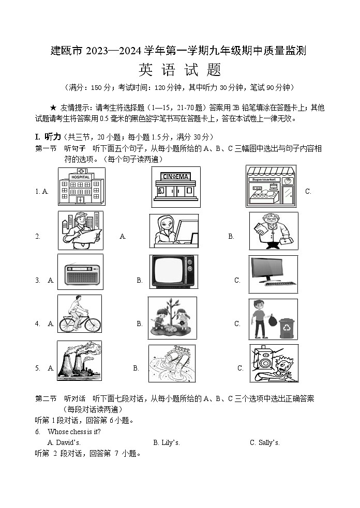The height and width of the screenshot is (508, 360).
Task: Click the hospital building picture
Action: tap(81, 187)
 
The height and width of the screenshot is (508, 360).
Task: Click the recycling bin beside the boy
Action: tap(285, 328)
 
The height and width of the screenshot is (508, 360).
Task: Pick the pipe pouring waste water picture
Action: tap(172, 364)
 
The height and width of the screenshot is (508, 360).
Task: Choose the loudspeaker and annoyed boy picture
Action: tap(274, 363)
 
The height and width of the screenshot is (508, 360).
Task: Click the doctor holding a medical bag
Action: tap(273, 230)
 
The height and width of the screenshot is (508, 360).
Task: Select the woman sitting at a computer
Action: tap(173, 231)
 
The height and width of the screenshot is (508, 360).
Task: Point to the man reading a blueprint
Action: tap(80, 230)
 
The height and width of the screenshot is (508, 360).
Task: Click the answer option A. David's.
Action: tap(64, 442)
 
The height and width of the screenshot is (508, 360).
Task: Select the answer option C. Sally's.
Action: tap(264, 442)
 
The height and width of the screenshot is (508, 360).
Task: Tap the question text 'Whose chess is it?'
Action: tap(74, 432)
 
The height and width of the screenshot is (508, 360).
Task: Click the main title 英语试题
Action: tap(179, 70)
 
